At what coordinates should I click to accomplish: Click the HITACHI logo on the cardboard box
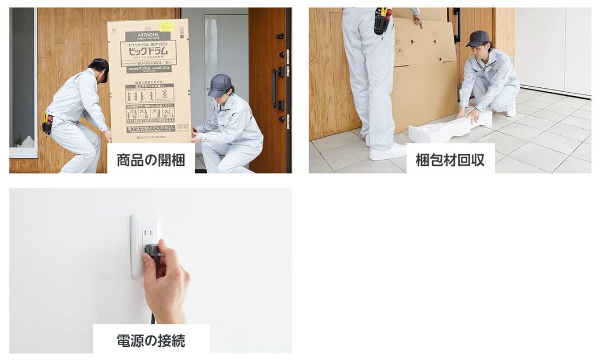coord(140,36)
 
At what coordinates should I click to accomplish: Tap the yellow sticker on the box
coord(166,26)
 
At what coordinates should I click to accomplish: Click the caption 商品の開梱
coord(151,159)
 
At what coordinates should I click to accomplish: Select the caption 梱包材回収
coord(450,159)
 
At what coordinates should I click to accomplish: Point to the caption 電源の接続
coord(151,340)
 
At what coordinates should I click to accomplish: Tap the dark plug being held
coord(152,251)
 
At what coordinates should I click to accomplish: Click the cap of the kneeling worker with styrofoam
coord(478,38)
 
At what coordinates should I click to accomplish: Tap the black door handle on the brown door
coord(276,87)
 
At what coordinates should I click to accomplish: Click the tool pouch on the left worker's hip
coord(48,123)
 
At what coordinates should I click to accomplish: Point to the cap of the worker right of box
coord(220,85)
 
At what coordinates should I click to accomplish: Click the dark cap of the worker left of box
coord(101,67)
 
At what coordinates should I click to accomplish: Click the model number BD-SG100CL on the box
coord(148,62)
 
